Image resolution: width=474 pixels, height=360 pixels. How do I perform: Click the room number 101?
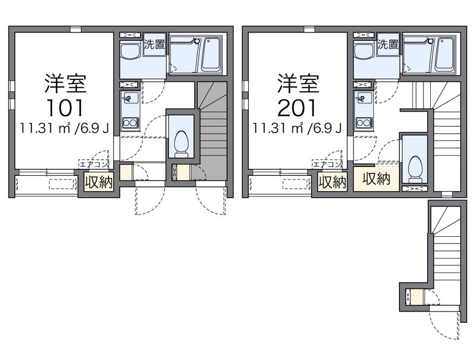click(x=65, y=108)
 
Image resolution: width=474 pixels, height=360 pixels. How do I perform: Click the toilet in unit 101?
click(x=181, y=143)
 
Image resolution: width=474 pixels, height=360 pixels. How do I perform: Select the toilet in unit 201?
click(x=415, y=168)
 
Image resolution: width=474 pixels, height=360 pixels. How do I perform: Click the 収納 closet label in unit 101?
click(x=98, y=182)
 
